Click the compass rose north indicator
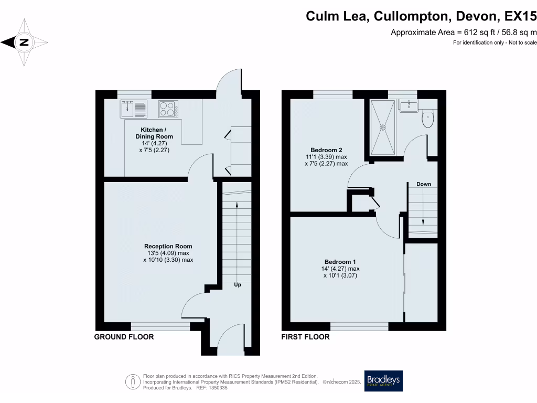pos(24,43)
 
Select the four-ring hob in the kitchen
pos(168,109)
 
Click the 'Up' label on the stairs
pos(238,285)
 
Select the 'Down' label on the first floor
pos(424,184)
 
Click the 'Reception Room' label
pos(168,246)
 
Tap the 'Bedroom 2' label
pos(326,150)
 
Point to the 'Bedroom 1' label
pos(340,262)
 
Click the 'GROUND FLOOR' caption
pos(124,337)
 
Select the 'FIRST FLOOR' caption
pos(305,337)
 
